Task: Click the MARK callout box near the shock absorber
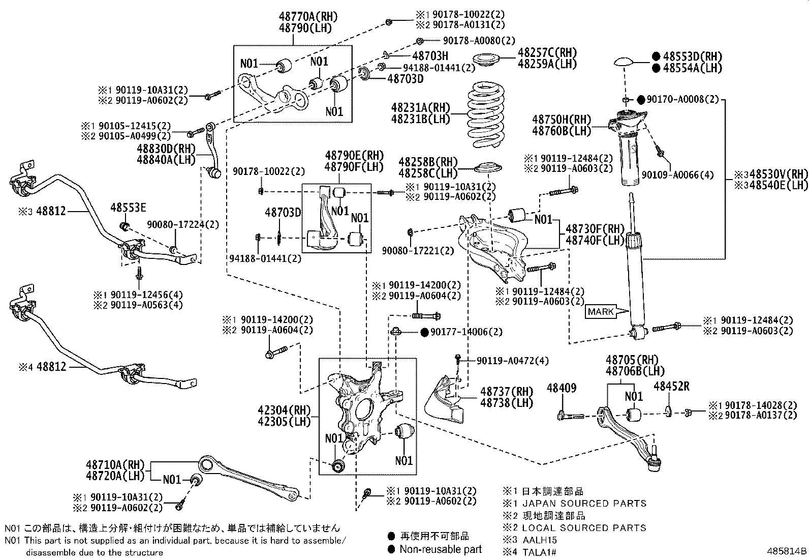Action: (601, 311)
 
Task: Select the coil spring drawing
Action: (486, 113)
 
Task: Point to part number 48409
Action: (562, 388)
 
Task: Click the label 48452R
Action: (671, 386)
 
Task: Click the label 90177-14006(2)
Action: (466, 332)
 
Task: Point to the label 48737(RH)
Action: (507, 391)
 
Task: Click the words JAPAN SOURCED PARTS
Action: (584, 504)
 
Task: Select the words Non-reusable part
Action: (440, 549)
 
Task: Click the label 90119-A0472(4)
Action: (513, 361)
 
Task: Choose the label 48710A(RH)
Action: (115, 464)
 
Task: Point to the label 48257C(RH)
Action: (547, 53)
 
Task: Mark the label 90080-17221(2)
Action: (418, 251)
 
